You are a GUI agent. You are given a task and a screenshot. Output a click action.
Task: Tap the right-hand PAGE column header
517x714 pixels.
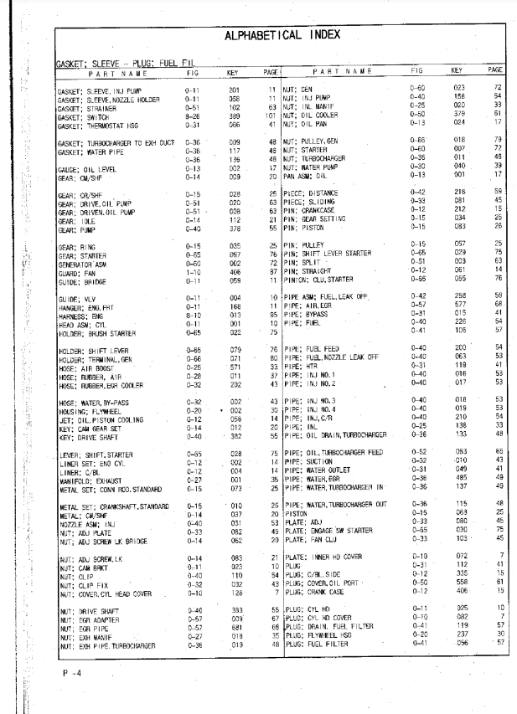point(495,72)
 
